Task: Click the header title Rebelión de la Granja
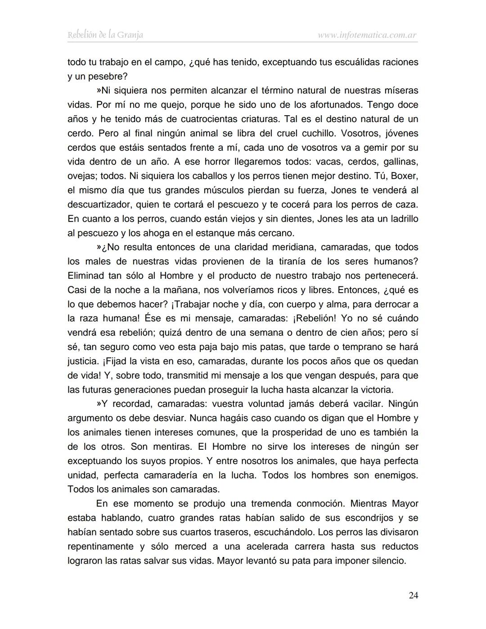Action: click(x=105, y=35)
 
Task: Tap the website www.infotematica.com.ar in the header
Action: click(x=367, y=35)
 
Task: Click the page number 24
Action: click(x=413, y=595)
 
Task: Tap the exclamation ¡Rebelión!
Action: click(x=314, y=318)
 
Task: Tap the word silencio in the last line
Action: click(x=389, y=561)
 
